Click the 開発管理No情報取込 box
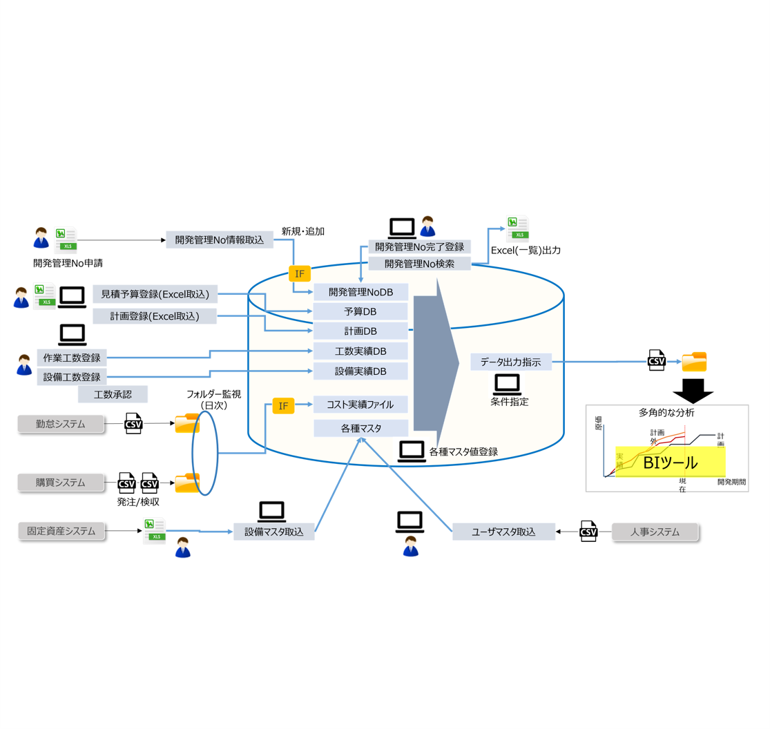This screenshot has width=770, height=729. point(220,240)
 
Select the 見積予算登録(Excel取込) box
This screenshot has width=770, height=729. point(155,295)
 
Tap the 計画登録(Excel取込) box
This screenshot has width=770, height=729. point(155,316)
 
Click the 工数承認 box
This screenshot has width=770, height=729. point(113,394)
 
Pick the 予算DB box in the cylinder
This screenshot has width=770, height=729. point(360,312)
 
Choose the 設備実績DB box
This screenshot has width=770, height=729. point(360,371)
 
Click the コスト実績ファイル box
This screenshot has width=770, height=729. point(360,405)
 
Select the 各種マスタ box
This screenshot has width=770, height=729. point(360,428)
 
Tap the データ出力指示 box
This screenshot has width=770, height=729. point(511,362)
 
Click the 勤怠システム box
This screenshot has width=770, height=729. point(61,424)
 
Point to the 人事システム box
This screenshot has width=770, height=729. point(655,532)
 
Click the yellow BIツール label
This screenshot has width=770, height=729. point(670,462)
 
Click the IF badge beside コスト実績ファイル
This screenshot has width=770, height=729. point(283,406)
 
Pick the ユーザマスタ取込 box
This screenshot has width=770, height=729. point(503,532)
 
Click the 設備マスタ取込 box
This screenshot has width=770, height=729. point(273,532)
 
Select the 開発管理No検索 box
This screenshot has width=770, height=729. point(419,263)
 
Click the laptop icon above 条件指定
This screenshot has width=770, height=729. point(508,383)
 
